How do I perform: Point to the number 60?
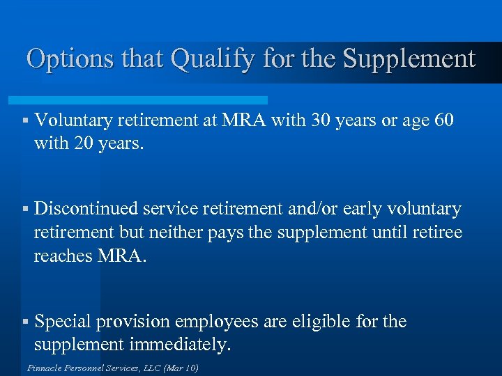443,120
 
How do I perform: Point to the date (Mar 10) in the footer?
180,367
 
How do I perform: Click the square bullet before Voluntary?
24,121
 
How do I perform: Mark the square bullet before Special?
24,322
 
